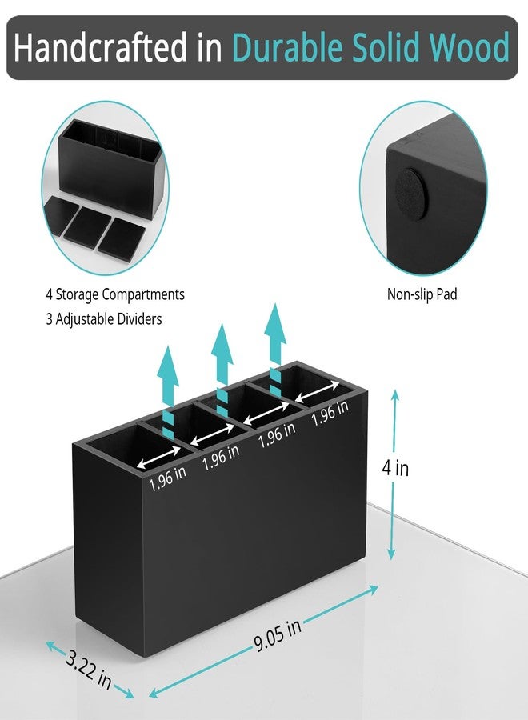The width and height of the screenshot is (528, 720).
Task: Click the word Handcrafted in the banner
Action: click(100, 47)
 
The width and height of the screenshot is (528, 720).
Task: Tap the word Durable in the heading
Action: click(287, 47)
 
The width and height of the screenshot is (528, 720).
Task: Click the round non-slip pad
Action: click(411, 194)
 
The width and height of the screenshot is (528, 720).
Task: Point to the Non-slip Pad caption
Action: click(422, 294)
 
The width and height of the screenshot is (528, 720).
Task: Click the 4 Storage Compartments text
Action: click(114, 294)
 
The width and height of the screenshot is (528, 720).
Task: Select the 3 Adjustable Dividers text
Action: click(104, 318)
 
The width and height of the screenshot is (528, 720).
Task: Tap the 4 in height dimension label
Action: click(395, 468)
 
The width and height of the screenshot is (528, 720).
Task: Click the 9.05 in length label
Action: click(278, 635)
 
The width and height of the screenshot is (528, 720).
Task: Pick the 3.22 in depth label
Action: click(89, 670)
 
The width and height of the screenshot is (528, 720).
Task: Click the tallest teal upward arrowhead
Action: click(275, 325)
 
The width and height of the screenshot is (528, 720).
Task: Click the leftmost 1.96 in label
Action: click(167, 478)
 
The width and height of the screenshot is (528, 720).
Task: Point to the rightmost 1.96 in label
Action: click(330, 412)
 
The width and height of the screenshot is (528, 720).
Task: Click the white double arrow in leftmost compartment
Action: click(159, 458)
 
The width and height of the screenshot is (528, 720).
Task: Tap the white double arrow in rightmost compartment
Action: click(318, 392)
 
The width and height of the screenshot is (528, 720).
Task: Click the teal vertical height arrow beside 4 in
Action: click(394, 474)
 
